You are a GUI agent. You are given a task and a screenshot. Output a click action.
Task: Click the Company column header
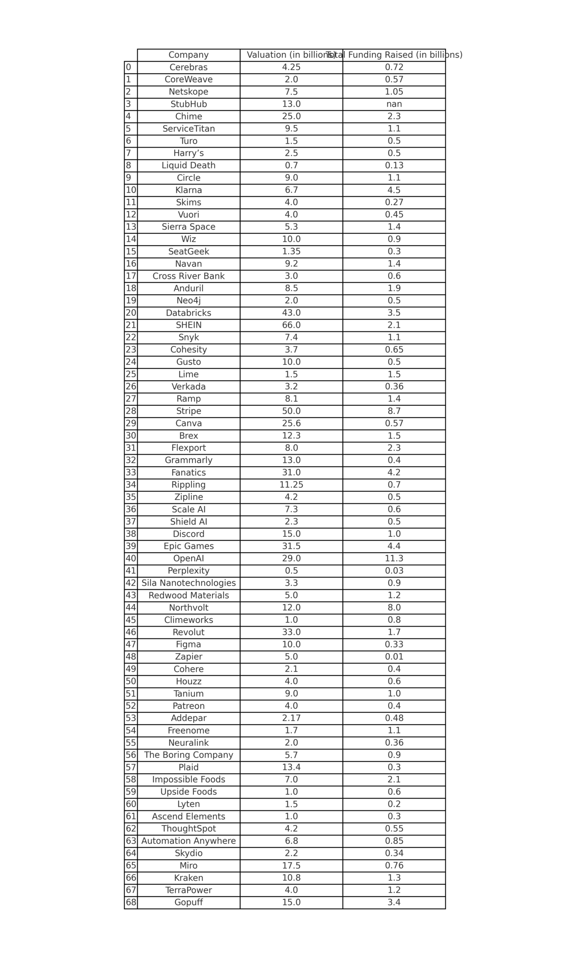[188, 55]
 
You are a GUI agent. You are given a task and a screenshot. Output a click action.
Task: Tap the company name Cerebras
[188, 67]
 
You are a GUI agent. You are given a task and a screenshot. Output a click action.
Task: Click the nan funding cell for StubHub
[394, 104]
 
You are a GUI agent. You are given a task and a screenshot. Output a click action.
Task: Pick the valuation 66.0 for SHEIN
[291, 325]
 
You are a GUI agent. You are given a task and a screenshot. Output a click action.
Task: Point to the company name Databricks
[188, 313]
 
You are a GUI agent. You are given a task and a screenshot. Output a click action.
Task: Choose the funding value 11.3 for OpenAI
[394, 558]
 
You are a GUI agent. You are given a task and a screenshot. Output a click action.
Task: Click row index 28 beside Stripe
[131, 411]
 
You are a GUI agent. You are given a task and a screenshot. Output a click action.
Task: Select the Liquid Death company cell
[188, 166]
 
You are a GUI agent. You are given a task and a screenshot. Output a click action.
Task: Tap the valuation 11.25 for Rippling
[291, 485]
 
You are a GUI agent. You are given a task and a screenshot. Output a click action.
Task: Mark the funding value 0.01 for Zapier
[394, 657]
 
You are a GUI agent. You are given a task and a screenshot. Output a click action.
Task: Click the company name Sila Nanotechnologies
[188, 583]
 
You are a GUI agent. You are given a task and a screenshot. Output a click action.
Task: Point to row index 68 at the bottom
[131, 902]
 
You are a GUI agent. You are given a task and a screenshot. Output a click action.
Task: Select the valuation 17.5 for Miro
[291, 865]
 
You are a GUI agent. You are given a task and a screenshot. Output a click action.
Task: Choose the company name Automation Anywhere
[188, 841]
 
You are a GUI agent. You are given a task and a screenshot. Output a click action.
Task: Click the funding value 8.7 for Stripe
[394, 411]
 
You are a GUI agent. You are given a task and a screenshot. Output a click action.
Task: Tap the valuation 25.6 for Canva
[291, 423]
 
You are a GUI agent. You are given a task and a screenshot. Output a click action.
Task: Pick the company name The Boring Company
[188, 755]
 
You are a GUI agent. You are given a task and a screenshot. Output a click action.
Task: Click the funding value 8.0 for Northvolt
[394, 608]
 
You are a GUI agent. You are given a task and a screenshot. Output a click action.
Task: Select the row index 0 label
[129, 67]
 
